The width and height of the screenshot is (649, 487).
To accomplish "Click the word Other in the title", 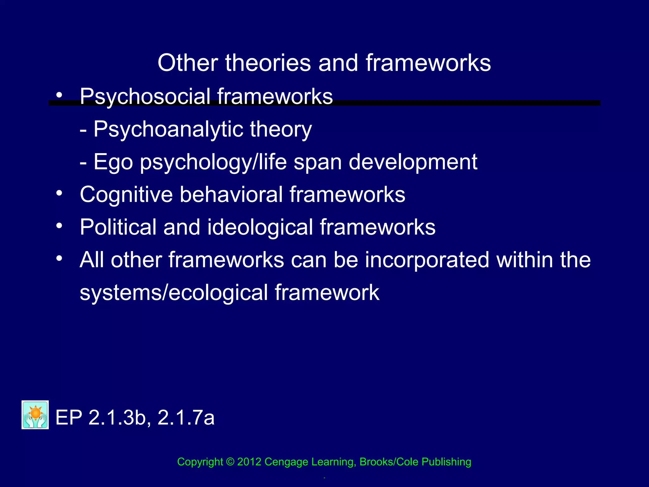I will pos(188,63).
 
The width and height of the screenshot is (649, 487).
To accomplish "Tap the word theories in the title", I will pos(268,63).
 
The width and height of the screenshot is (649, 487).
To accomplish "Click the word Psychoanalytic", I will pos(168,129).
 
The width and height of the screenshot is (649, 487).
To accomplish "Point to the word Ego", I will pos(113,162).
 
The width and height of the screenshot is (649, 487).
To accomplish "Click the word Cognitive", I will pos(126,194).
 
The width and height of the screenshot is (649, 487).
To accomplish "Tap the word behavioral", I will pos(231,194).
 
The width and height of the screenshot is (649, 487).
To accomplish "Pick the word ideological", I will pos(260,227).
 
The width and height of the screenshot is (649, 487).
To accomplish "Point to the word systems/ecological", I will pos(174,292).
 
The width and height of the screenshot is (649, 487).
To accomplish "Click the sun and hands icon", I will pos(35,415).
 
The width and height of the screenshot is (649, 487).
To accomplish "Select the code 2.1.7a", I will pos(186,418).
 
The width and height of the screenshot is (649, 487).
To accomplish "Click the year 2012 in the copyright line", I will pos(249,462).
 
